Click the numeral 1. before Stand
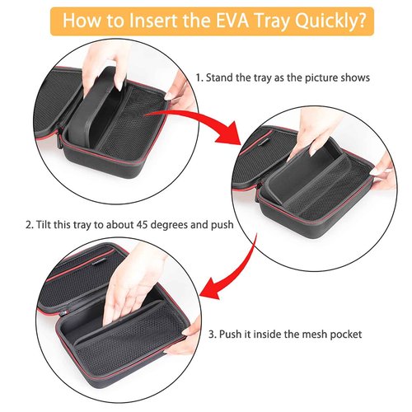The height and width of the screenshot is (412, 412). tap(199, 77)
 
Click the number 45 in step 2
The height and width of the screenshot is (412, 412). tap(143, 225)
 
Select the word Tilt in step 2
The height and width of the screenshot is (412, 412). tap(44, 224)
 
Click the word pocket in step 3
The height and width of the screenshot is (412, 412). tap(346, 335)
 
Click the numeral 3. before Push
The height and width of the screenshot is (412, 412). tap(213, 335)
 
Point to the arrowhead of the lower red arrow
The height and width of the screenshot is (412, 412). tap(212, 288)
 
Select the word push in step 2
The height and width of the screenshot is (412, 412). tap(222, 225)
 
